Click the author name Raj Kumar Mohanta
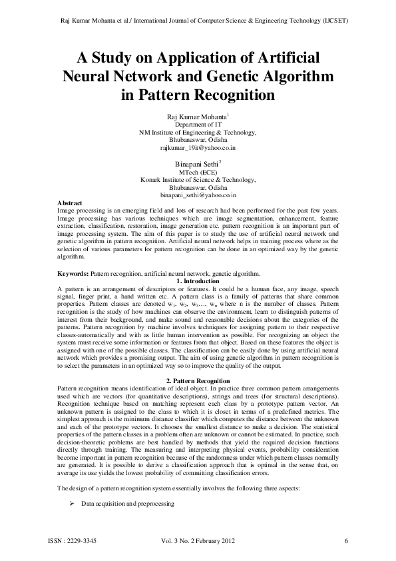click(196, 117)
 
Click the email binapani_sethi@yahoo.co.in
click(198, 195)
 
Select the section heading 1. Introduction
click(198, 280)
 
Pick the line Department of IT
click(198, 125)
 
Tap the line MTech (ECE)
click(198, 172)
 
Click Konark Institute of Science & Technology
click(198, 180)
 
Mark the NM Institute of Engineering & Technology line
click(198, 133)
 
